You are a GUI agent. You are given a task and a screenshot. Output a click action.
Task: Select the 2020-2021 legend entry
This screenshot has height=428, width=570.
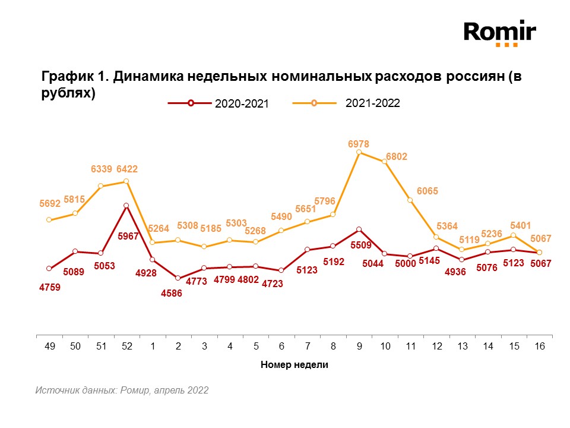pyautogui.click(x=219, y=103)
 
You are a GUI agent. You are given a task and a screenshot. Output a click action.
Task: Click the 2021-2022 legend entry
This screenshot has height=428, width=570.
pyautogui.click(x=347, y=103)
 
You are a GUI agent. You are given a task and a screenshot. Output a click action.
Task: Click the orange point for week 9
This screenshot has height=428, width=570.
pyautogui.click(x=359, y=152)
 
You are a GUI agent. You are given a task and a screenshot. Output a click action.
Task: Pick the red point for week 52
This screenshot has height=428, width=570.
pyautogui.click(x=126, y=206)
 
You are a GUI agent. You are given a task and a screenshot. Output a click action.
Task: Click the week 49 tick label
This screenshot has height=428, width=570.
pyautogui.click(x=49, y=345)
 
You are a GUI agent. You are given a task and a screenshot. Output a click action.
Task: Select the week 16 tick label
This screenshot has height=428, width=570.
pyautogui.click(x=539, y=345)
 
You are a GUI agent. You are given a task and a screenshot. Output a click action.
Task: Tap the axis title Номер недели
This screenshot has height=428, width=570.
pyautogui.click(x=294, y=365)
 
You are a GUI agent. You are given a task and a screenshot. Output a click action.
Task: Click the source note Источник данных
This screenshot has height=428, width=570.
pyautogui.click(x=122, y=391)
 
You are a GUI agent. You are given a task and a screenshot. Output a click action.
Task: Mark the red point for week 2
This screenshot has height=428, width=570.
pyautogui.click(x=178, y=278)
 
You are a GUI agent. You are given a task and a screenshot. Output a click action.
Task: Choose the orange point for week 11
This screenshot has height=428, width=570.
pyautogui.click(x=410, y=200)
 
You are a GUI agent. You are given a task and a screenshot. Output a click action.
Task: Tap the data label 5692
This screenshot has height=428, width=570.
pyautogui.click(x=50, y=204)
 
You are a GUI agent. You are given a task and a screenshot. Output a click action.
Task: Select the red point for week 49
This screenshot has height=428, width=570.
pyautogui.click(x=49, y=269)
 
